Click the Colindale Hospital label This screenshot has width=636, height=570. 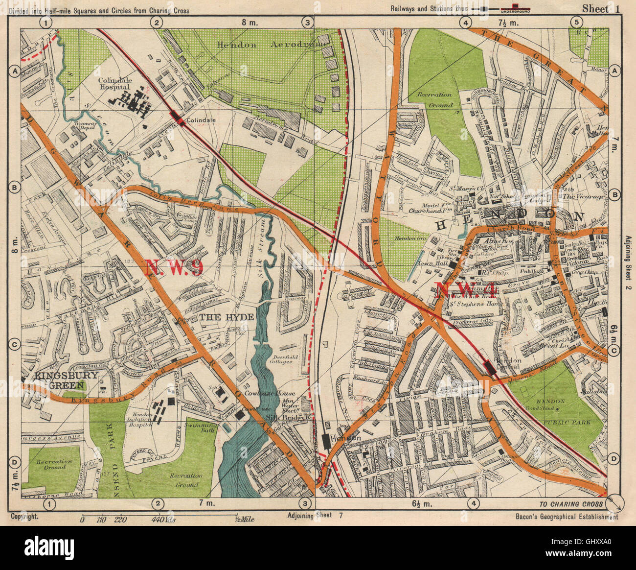pyautogui.click(x=114, y=84)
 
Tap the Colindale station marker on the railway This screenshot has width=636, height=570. pyautogui.click(x=177, y=118)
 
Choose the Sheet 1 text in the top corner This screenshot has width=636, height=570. pyautogui.click(x=595, y=8)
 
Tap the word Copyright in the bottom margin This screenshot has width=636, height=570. pyautogui.click(x=24, y=517)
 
